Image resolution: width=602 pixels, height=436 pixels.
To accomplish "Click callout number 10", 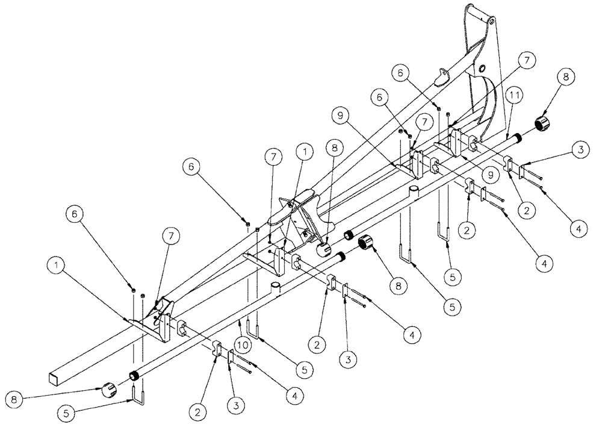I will [x=242, y=345].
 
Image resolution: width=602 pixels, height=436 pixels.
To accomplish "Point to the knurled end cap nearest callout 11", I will [x=544, y=125].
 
